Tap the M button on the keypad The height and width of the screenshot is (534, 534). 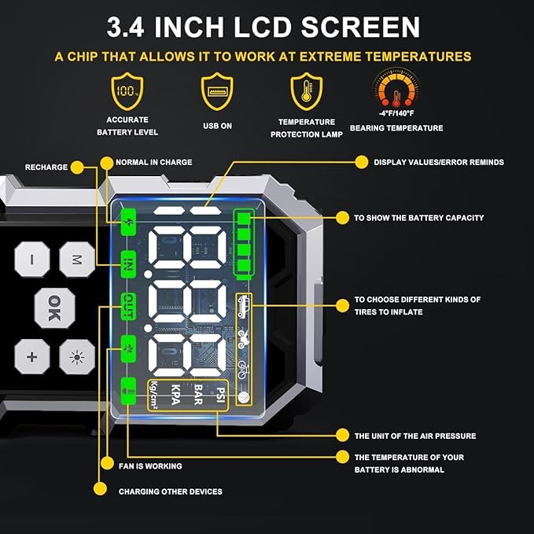pos(76,259)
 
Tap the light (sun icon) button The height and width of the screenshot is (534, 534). pos(76,357)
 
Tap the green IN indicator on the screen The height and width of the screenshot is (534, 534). pos(127,263)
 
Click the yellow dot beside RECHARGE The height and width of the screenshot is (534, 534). pos(76,167)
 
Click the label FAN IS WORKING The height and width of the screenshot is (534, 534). pos(149,466)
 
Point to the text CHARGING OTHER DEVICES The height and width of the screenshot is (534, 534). pos(170,492)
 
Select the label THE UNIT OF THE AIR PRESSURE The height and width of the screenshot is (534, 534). pos(414,436)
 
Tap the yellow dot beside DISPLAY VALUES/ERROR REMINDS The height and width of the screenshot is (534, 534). pos(361,162)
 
